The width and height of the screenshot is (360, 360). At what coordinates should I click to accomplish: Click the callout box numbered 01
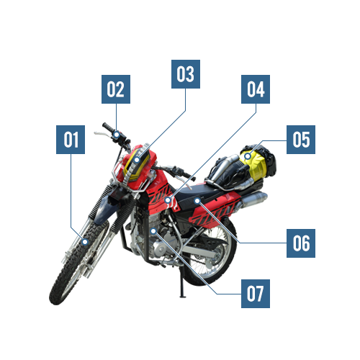click(x=71, y=140)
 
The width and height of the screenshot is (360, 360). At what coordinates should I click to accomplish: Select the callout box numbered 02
click(x=116, y=89)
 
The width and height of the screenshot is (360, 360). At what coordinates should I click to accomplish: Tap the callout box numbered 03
click(x=186, y=74)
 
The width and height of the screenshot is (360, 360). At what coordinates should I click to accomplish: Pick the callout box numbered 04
click(x=256, y=89)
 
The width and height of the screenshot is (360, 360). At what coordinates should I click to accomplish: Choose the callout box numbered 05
click(x=301, y=140)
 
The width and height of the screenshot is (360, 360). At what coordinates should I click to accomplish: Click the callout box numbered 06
click(x=301, y=243)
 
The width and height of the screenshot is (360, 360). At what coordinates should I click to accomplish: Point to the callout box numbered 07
click(x=256, y=294)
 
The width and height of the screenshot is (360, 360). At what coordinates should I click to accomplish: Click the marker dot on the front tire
click(x=85, y=242)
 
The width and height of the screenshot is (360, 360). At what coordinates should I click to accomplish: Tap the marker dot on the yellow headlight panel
click(x=137, y=160)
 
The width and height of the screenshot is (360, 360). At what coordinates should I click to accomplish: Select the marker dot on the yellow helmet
click(x=248, y=156)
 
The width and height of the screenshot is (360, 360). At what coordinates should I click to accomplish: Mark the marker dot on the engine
click(x=153, y=231)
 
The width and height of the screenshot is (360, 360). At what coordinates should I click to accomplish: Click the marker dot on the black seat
click(x=197, y=201)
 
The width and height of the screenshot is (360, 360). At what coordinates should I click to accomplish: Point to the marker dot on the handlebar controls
click(x=117, y=135)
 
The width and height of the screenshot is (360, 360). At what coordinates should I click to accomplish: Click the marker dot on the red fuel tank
click(x=168, y=199)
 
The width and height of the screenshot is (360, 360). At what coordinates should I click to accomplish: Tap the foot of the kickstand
click(x=183, y=297)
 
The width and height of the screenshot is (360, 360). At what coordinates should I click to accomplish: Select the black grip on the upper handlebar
click(x=108, y=127)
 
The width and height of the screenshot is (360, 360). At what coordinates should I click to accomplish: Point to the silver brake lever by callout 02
click(x=102, y=134)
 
